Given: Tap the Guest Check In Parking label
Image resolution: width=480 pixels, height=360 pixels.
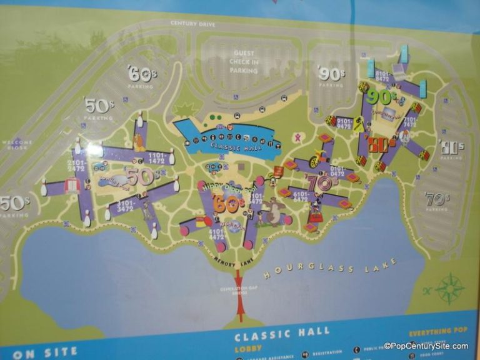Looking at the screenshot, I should click(x=244, y=62).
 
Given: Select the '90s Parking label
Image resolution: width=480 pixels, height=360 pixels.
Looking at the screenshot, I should click(x=331, y=76).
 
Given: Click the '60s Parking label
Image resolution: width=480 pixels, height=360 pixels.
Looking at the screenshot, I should click(x=141, y=76).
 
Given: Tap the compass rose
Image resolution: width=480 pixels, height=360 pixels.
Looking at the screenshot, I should click(x=449, y=288).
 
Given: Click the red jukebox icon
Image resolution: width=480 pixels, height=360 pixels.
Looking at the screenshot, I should click(x=74, y=185).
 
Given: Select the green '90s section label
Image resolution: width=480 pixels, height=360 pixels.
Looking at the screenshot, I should click(x=381, y=96).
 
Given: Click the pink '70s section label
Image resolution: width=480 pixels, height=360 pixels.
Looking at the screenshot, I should click(x=319, y=182).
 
